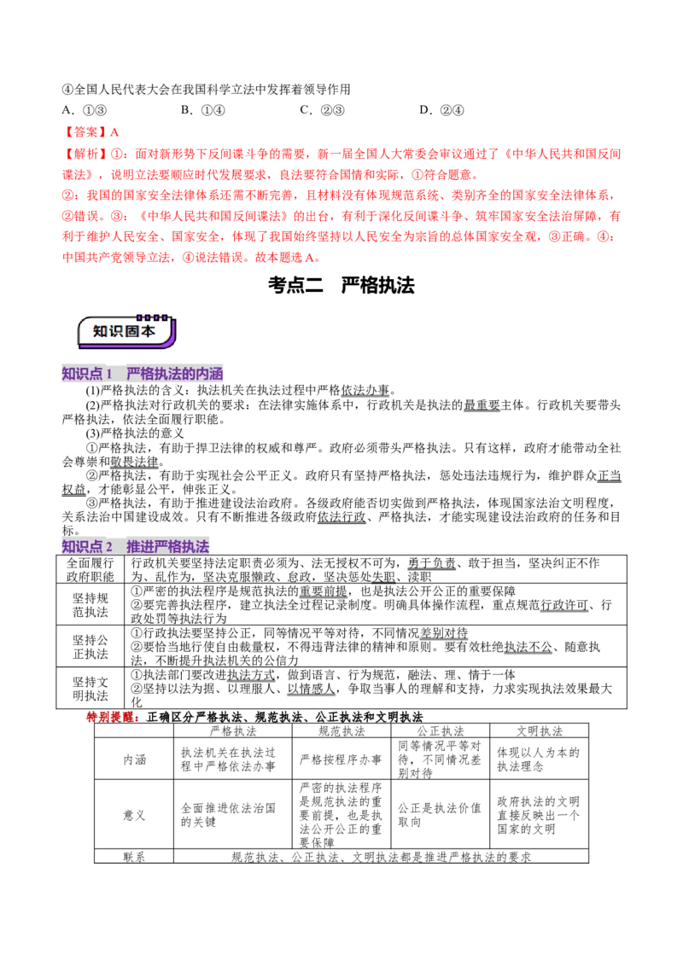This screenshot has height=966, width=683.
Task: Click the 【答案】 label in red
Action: click(84, 132)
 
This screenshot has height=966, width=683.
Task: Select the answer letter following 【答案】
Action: click(116, 132)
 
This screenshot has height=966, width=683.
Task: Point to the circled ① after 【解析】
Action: click(117, 154)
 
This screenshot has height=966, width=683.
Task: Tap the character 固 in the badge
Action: click(133, 331)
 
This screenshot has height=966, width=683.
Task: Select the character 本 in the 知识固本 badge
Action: click(149, 331)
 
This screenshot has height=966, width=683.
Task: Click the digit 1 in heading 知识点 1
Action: click(109, 374)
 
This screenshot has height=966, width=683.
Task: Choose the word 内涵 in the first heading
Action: click(210, 374)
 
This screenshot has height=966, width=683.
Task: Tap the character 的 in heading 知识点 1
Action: click(188, 374)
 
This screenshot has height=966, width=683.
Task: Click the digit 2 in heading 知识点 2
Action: click(109, 546)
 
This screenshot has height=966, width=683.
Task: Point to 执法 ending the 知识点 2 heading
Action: click(196, 546)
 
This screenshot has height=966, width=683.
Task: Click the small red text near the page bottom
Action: click(112, 717)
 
